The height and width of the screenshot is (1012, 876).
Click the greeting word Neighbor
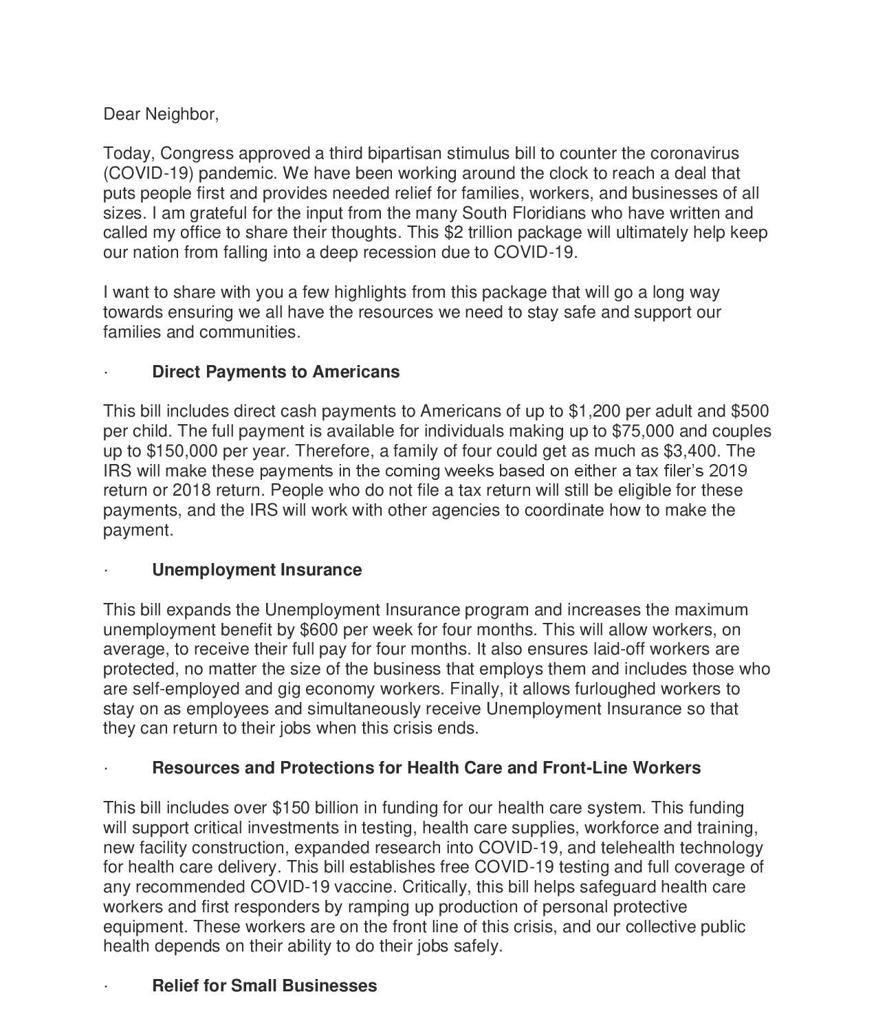click(x=182, y=114)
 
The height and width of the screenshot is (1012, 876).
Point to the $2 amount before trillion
click(x=454, y=232)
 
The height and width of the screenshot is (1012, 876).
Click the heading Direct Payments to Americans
click(x=275, y=372)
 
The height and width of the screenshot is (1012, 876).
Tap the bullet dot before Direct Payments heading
click(x=106, y=373)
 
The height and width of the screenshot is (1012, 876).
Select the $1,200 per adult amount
click(x=595, y=411)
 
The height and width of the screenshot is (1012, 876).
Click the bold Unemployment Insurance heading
click(x=256, y=570)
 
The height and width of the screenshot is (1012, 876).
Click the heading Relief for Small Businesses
click(x=264, y=986)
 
